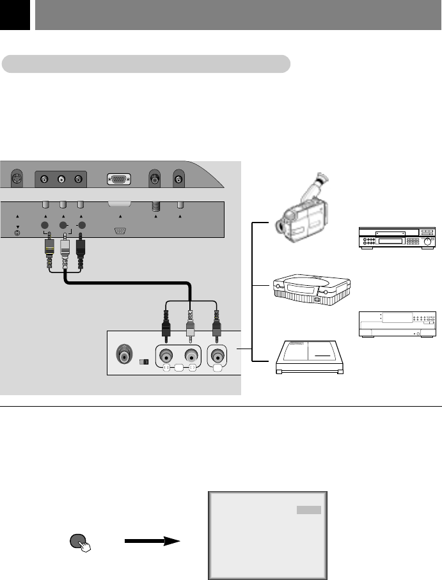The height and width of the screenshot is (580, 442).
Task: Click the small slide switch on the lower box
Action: (144, 362)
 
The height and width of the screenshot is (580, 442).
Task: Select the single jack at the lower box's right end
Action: (217, 357)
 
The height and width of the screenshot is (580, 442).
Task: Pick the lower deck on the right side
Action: (397, 324)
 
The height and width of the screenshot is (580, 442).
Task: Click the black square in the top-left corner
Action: (15, 15)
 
